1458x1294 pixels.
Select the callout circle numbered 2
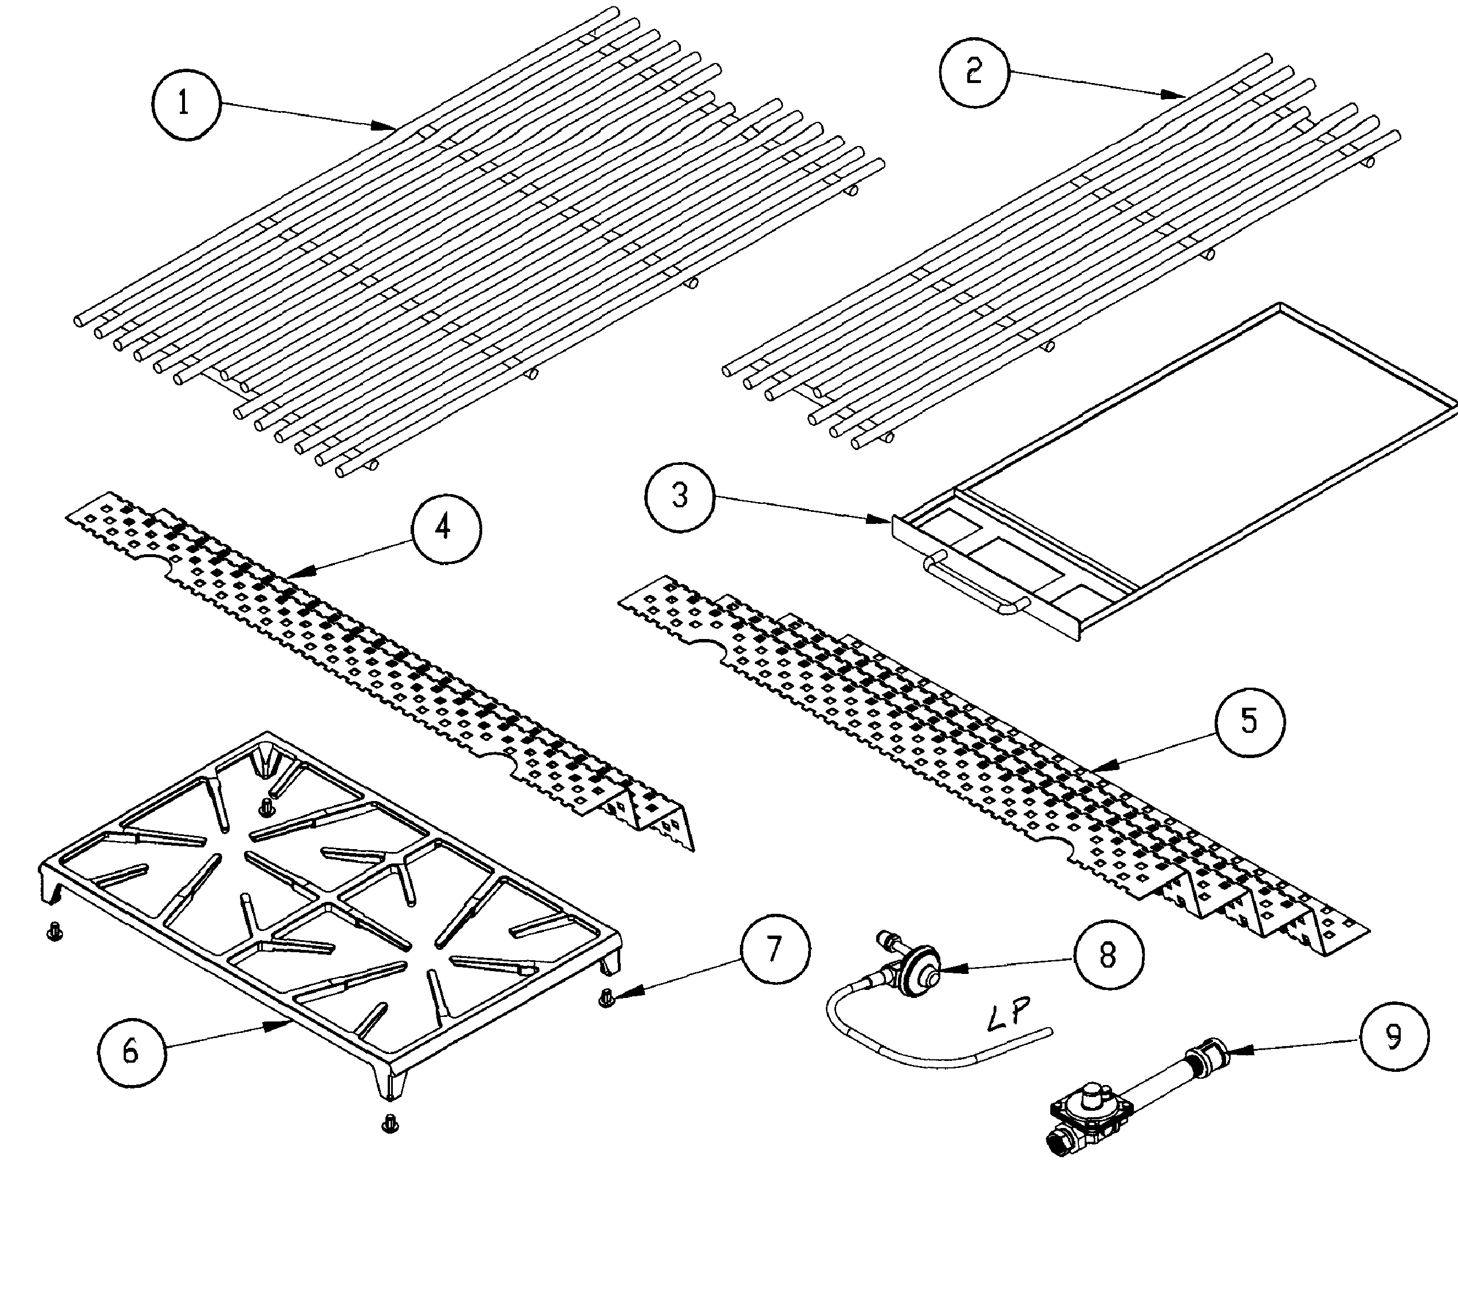pos(974,73)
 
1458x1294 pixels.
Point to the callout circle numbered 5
pos(1249,722)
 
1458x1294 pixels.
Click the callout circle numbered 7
pos(775,949)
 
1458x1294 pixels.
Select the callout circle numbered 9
pos(1394,1038)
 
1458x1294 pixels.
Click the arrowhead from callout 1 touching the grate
pos(386,127)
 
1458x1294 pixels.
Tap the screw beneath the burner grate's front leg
pos(389,1122)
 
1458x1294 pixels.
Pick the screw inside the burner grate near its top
pos(268,806)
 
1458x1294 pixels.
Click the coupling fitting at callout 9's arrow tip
pos(1205,1054)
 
